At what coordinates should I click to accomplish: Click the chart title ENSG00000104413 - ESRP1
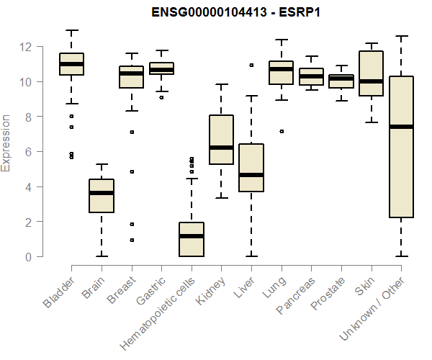(237, 12)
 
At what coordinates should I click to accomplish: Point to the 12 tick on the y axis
(27, 47)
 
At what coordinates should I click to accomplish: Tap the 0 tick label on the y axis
(27, 256)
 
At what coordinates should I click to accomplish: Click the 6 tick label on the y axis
(27, 152)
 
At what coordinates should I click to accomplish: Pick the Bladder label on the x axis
(59, 292)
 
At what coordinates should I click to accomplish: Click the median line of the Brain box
(102, 193)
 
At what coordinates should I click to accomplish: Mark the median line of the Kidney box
(221, 148)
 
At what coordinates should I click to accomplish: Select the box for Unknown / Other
(400, 180)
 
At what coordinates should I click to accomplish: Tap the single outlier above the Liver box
(251, 65)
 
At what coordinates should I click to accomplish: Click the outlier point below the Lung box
(281, 131)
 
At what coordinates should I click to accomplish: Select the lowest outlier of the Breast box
(132, 240)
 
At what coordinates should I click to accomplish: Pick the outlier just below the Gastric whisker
(161, 97)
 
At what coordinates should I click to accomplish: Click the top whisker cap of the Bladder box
(71, 31)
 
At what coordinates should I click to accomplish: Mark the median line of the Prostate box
(341, 78)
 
